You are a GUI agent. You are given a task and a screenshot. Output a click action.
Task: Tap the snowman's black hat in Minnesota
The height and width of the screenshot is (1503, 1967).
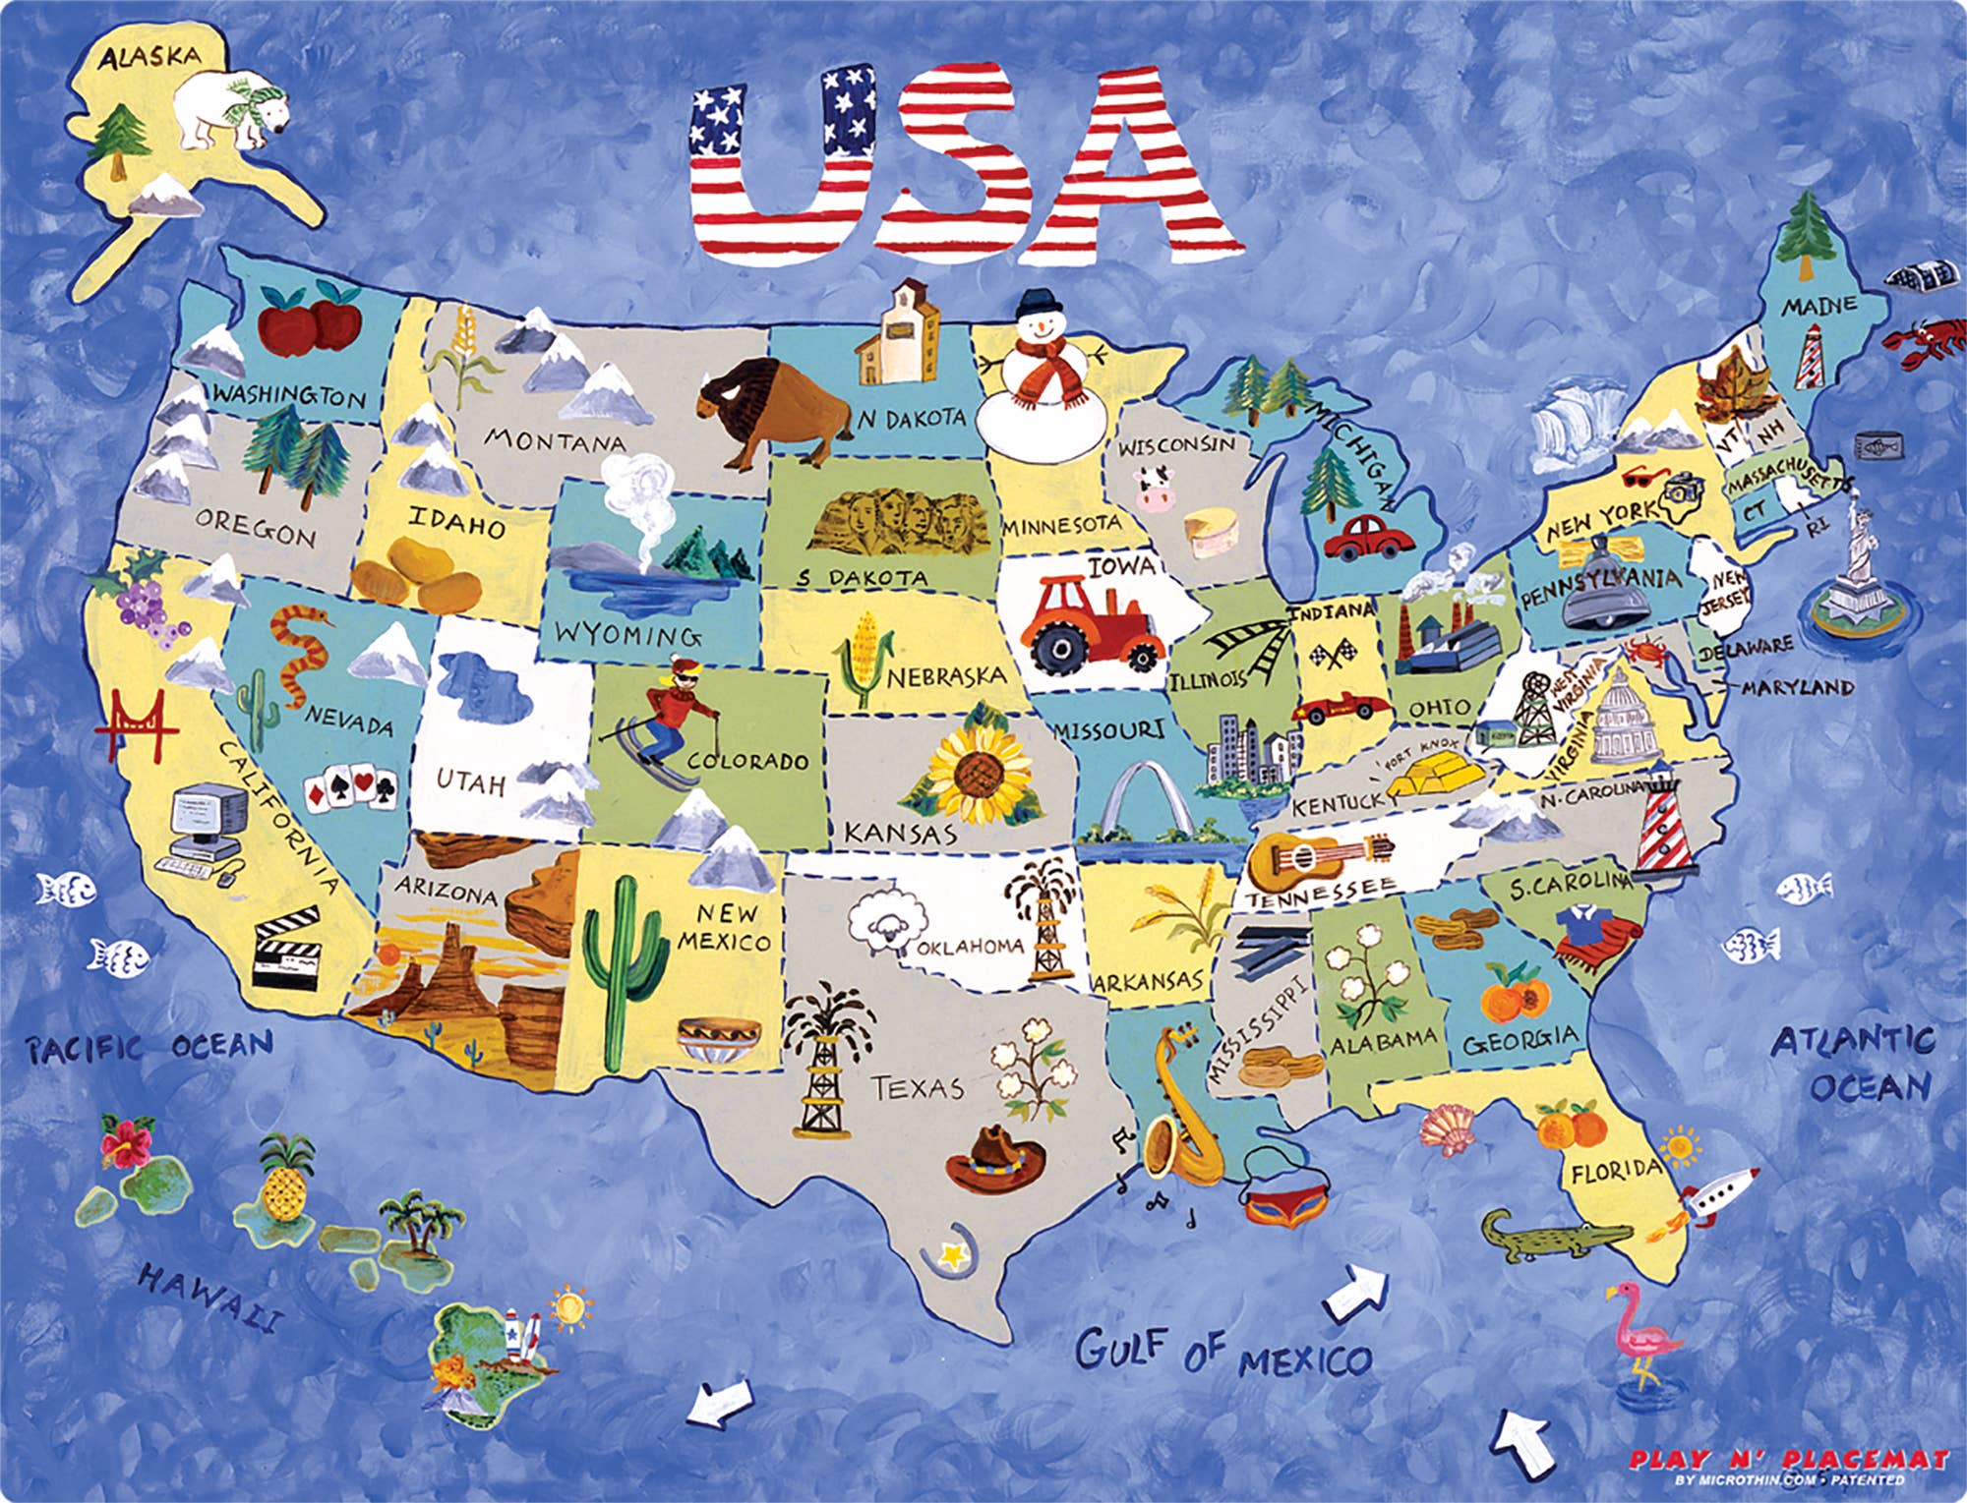[1040, 306]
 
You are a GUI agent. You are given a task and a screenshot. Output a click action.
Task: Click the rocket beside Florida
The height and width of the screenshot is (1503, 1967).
[1716, 1195]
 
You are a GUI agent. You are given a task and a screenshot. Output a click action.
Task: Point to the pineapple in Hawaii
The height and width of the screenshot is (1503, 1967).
[285, 1180]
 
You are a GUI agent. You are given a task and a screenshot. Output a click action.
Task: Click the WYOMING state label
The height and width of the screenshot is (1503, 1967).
[627, 633]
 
